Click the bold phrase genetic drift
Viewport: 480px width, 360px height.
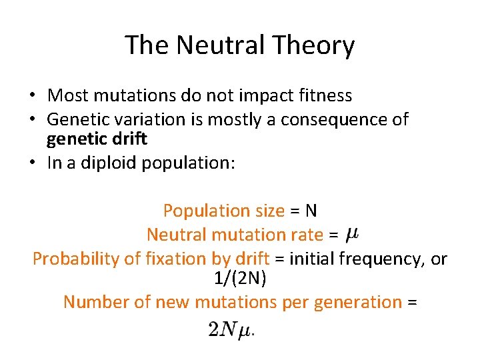(97, 139)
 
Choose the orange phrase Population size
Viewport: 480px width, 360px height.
(223, 211)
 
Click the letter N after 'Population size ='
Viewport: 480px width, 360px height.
(311, 211)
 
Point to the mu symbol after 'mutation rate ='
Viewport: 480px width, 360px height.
(353, 234)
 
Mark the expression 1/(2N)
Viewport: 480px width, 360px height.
(240, 278)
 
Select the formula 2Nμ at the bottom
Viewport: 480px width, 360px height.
(231, 329)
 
